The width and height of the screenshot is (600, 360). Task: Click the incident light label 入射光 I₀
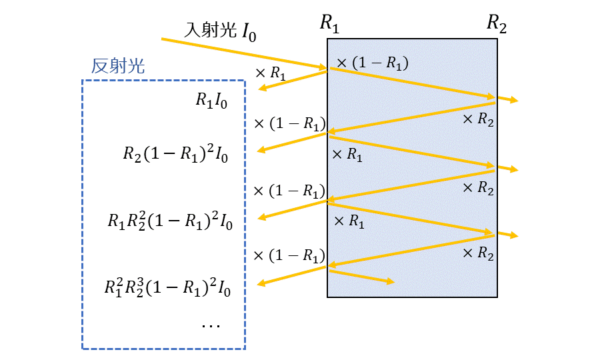221,31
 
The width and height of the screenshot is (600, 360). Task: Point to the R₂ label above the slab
496,24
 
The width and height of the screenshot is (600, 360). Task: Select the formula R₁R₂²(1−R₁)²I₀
170,220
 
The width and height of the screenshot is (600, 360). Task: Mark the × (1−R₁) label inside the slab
372,63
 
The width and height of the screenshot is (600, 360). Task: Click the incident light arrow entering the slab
244,53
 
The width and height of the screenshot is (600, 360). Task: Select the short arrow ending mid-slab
361,276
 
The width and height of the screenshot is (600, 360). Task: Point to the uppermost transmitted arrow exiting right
507,100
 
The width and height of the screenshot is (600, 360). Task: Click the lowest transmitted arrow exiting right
507,235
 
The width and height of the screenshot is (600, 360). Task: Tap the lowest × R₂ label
478,253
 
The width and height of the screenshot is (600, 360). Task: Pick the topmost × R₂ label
478,119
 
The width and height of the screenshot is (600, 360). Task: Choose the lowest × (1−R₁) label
289,256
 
